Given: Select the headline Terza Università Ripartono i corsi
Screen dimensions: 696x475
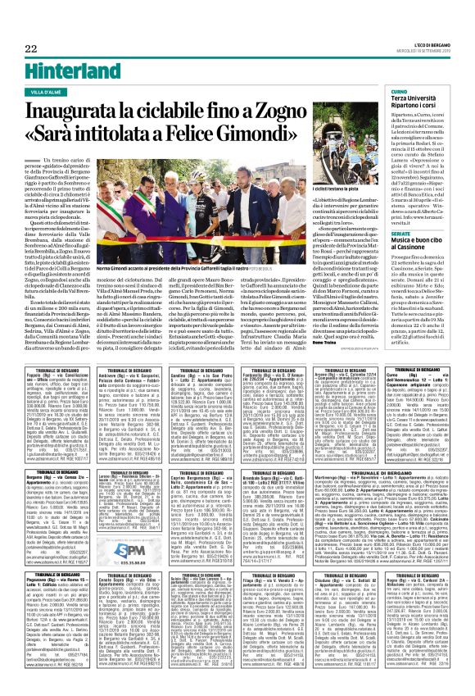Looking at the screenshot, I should [x=423, y=102].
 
